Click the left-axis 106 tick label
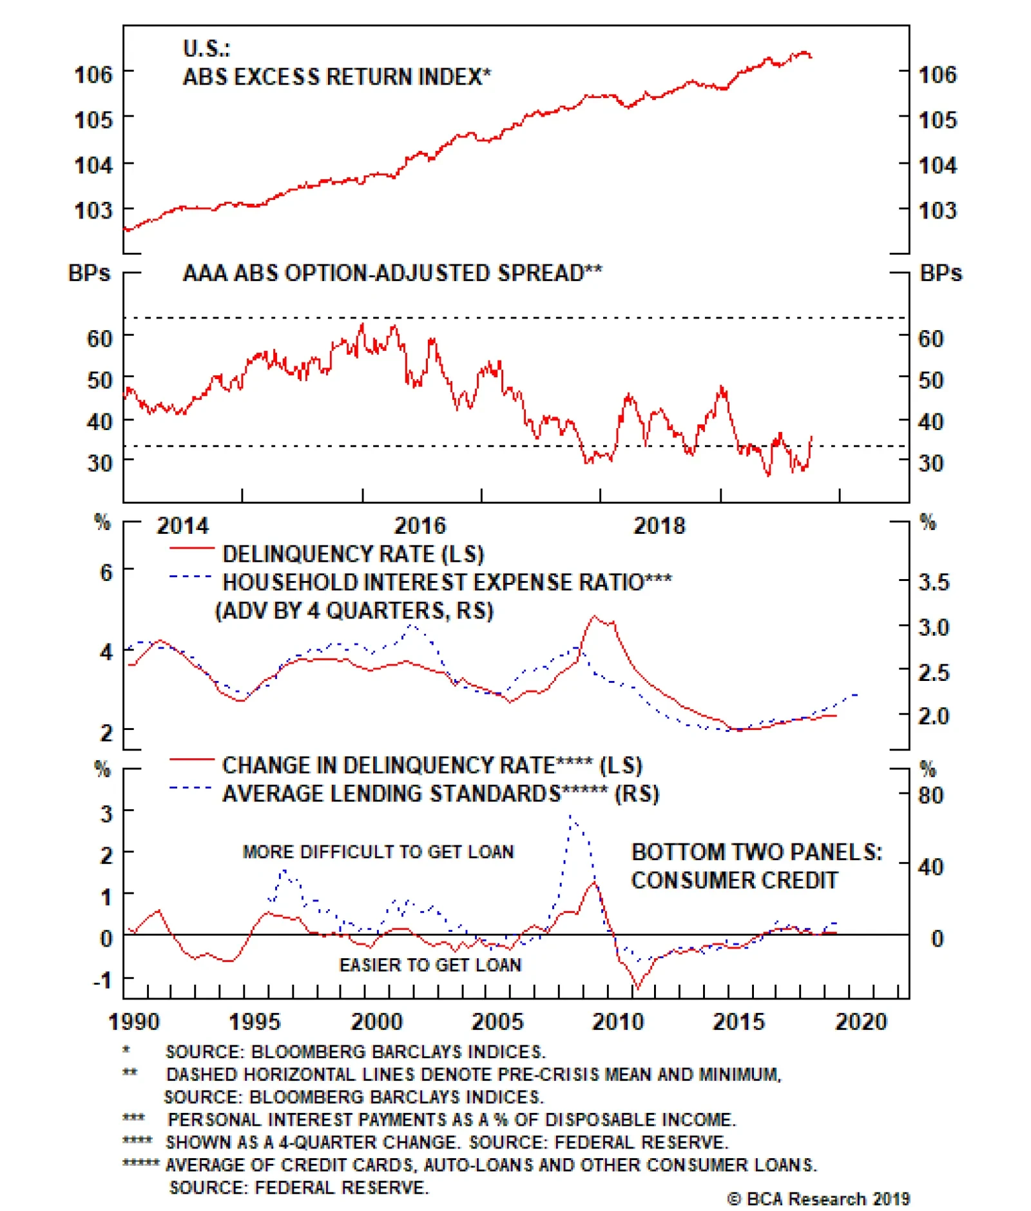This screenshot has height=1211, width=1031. (93, 74)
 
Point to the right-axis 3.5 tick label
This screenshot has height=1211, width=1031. (933, 582)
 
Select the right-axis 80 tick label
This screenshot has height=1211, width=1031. (931, 795)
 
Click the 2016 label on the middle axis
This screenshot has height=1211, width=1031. (419, 526)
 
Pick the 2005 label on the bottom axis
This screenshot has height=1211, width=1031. (497, 1021)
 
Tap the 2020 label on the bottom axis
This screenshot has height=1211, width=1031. (861, 1021)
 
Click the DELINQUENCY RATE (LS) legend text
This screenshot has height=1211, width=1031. (352, 554)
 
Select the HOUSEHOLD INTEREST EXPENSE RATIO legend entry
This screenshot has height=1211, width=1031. (447, 582)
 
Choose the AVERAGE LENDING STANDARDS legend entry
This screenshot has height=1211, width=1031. (440, 793)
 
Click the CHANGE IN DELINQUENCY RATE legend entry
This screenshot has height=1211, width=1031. (432, 765)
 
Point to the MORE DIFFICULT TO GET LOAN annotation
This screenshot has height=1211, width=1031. (378, 852)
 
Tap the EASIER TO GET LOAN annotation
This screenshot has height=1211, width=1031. (430, 965)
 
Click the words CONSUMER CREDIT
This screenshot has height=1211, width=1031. (734, 880)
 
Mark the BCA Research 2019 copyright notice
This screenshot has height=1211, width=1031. (818, 1199)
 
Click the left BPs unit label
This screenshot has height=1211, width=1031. (89, 273)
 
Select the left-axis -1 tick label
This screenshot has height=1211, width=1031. (102, 980)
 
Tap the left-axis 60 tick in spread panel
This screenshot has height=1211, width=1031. (99, 338)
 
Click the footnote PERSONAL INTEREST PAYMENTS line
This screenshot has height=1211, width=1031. (451, 1119)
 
